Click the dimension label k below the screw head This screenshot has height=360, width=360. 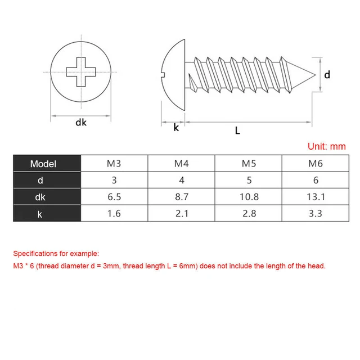[176, 128]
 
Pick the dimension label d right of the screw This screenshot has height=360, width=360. [327, 73]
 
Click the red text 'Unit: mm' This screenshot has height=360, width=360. [326, 146]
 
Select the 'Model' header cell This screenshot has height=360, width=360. [44, 164]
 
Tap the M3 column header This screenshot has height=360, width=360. [114, 164]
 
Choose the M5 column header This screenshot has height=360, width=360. [249, 164]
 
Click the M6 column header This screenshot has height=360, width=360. [316, 164]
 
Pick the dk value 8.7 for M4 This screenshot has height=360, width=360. [181, 197]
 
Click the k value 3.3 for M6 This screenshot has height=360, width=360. [316, 214]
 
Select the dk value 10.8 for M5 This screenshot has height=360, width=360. [249, 197]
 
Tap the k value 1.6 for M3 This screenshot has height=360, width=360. [114, 214]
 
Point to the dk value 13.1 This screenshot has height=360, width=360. [316, 197]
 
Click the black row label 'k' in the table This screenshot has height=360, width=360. [39, 214]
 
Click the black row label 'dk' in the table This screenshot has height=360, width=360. [39, 197]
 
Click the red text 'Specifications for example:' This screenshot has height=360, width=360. [56, 254]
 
